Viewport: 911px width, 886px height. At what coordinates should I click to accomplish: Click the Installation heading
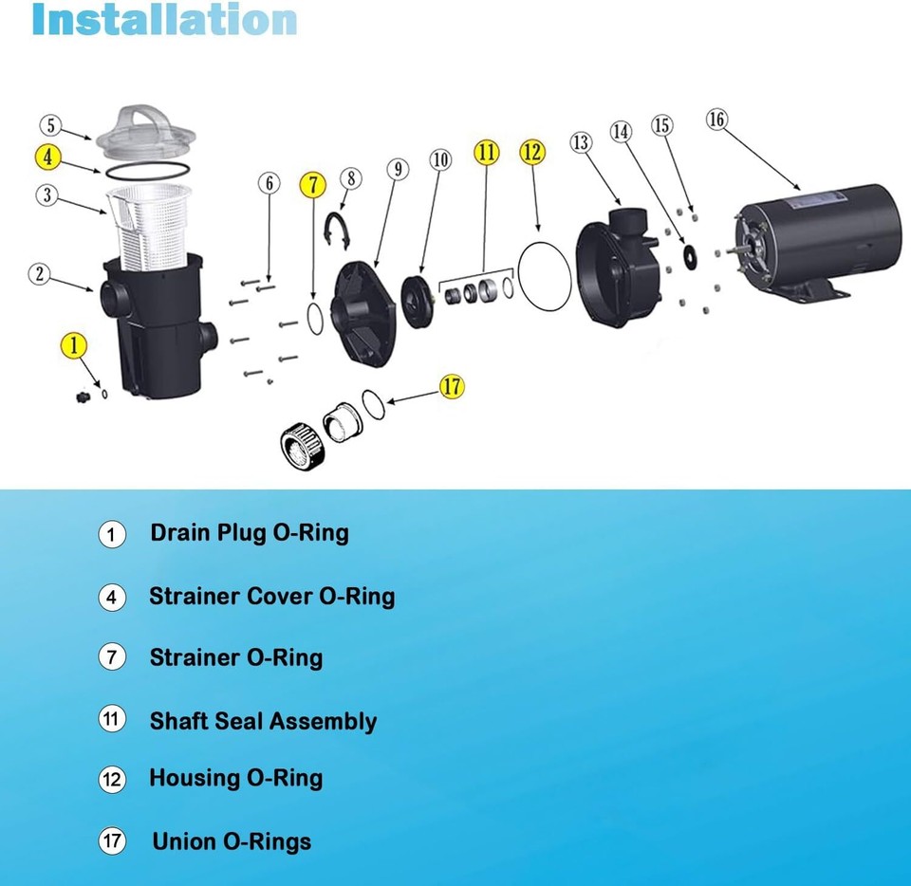[164, 20]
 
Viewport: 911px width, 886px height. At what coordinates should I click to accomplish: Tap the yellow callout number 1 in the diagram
[74, 346]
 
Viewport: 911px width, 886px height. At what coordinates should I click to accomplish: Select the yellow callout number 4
[49, 156]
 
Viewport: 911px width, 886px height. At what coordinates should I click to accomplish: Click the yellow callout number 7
[312, 185]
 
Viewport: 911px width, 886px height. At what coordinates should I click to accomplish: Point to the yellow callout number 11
[486, 152]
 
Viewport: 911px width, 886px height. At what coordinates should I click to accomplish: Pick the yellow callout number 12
[532, 152]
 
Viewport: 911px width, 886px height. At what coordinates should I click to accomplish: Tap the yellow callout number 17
[453, 385]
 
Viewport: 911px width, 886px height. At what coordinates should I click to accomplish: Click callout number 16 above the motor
[717, 120]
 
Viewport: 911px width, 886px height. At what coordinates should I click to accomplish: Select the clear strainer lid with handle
[139, 132]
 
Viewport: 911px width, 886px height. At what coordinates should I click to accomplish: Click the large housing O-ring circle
[545, 276]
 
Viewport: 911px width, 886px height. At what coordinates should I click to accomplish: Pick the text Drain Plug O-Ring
[249, 532]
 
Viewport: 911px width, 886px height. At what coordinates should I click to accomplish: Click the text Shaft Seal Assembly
[263, 722]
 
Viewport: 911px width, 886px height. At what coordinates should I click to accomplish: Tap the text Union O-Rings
[232, 841]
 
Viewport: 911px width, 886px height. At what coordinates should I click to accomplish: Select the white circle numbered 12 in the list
[111, 780]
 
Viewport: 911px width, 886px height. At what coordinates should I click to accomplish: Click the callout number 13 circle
[580, 143]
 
